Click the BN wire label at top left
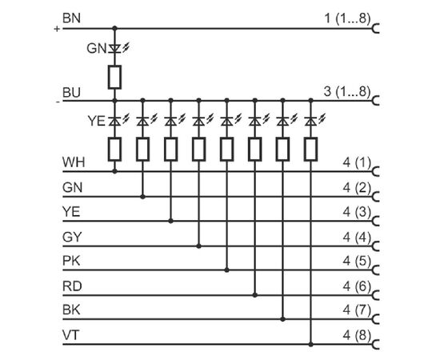pos(71,18)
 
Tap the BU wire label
pos(71,93)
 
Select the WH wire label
pos(74,162)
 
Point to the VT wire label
pos(70,335)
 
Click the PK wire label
pos(71,261)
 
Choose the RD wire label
pos(72,286)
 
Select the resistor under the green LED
pos(114,77)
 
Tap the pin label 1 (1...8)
pos(347,18)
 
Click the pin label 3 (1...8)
pos(347,92)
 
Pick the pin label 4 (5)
pos(357,261)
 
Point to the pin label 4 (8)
pos(357,335)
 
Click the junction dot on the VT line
pos(310,344)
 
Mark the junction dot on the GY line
pos(198,246)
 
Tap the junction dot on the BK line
pos(283,319)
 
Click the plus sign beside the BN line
pos(57,29)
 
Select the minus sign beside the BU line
pos(58,102)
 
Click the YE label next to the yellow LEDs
pos(97,122)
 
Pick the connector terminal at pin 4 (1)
pos(376,171)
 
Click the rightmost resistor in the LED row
pos(310,150)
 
